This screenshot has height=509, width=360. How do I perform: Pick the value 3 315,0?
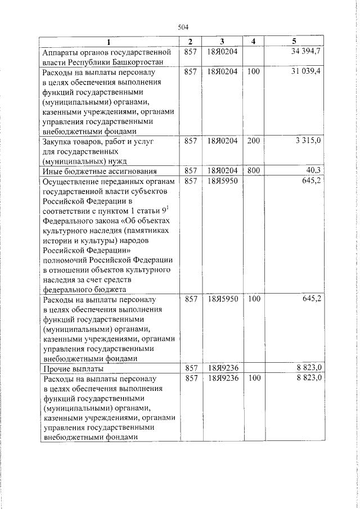[308, 141]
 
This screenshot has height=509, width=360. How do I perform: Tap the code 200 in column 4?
[254, 141]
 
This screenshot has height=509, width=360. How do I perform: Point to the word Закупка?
[58, 141]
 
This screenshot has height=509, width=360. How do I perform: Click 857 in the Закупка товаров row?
[191, 141]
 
